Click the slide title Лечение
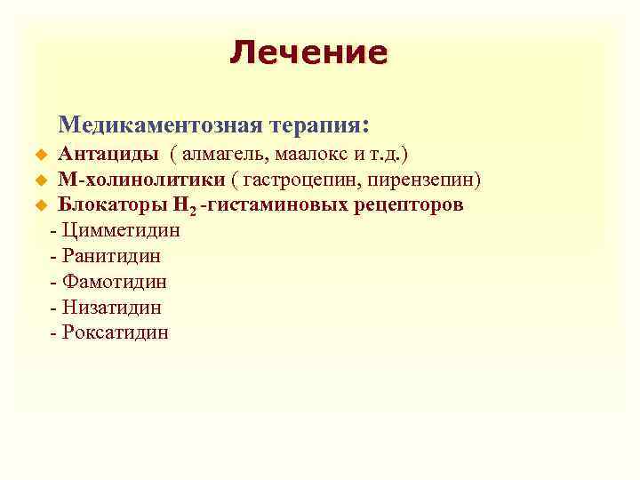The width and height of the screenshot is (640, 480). (x=308, y=52)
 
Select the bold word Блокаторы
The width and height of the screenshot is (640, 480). (x=111, y=205)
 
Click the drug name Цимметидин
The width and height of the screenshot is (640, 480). (x=122, y=231)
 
